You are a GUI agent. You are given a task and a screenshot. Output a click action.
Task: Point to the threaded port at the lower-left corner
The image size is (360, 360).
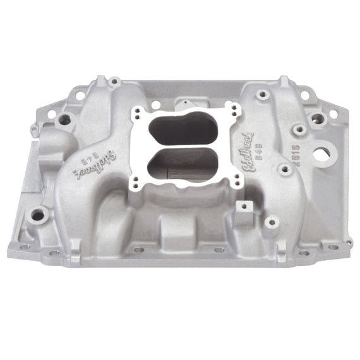(38, 215)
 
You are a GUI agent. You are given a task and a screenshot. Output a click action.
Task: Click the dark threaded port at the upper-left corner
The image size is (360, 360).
(64, 119)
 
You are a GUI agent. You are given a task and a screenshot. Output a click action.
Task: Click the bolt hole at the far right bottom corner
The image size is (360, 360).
(348, 243)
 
